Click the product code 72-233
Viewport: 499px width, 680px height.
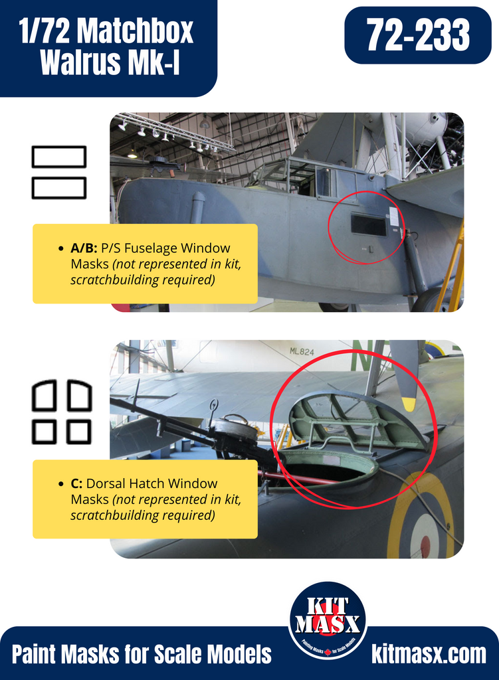click(x=418, y=35)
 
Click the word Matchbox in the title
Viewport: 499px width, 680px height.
click(x=137, y=31)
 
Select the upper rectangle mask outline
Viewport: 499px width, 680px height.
click(x=59, y=157)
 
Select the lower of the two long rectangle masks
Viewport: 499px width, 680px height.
click(x=59, y=188)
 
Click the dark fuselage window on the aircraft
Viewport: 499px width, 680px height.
click(x=368, y=224)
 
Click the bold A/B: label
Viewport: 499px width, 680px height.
click(x=84, y=248)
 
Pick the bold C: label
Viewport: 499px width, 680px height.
click(x=77, y=483)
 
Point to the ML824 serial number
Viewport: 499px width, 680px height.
click(x=302, y=351)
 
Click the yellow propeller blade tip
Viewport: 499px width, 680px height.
click(x=409, y=404)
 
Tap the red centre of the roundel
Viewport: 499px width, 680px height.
click(x=425, y=545)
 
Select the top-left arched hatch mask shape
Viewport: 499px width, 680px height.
click(x=45, y=395)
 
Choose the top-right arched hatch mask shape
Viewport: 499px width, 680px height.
click(x=80, y=395)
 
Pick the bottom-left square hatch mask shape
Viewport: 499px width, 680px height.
click(x=45, y=432)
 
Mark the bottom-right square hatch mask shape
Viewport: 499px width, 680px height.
click(x=79, y=432)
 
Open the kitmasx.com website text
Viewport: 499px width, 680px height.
click(x=429, y=654)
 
